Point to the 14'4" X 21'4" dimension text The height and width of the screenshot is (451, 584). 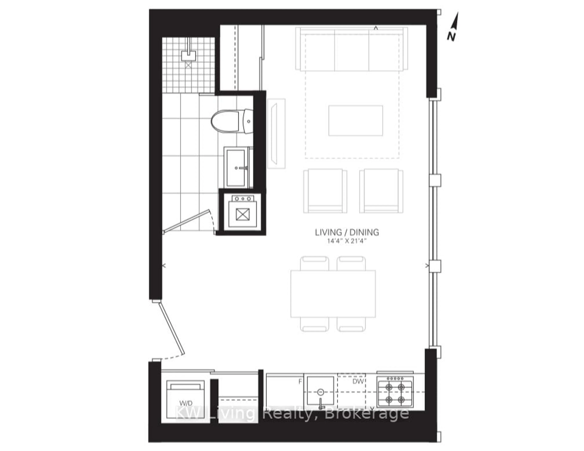(347, 241)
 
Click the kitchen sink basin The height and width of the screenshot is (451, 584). (320, 391)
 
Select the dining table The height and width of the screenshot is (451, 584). (333, 294)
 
